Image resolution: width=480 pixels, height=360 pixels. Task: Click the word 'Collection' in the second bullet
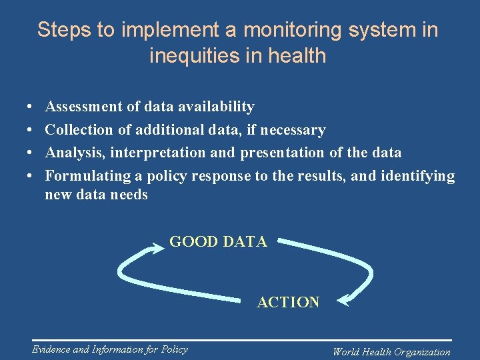[79, 130]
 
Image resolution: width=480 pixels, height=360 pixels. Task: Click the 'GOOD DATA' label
[218, 242]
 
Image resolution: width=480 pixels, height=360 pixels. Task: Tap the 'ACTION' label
[288, 302]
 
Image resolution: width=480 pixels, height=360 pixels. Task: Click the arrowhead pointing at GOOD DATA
[159, 248]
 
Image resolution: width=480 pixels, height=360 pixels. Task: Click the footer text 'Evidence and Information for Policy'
[110, 349]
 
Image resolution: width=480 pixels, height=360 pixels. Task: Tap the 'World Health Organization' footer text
[391, 352]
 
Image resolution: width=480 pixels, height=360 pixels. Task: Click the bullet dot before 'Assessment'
[31, 107]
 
